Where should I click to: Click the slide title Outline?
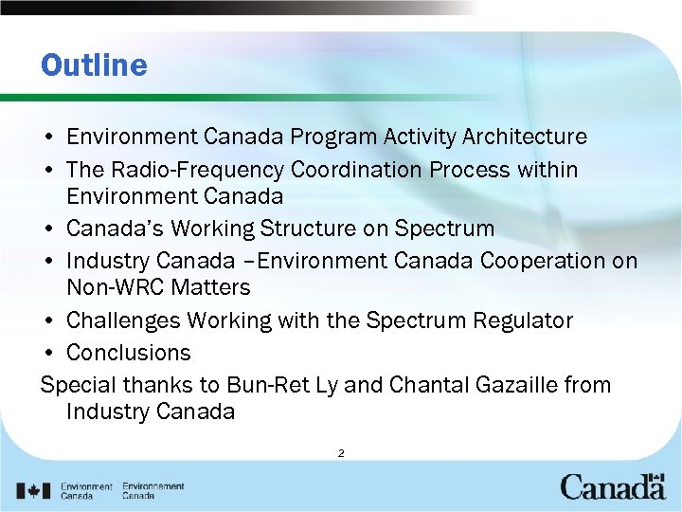pyautogui.click(x=94, y=65)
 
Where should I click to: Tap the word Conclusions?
pyautogui.click(x=128, y=353)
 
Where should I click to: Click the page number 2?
pyautogui.click(x=340, y=453)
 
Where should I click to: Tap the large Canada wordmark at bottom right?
pyautogui.click(x=612, y=488)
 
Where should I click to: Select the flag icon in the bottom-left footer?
pyautogui.click(x=35, y=491)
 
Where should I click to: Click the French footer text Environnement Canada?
pyautogui.click(x=153, y=491)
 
